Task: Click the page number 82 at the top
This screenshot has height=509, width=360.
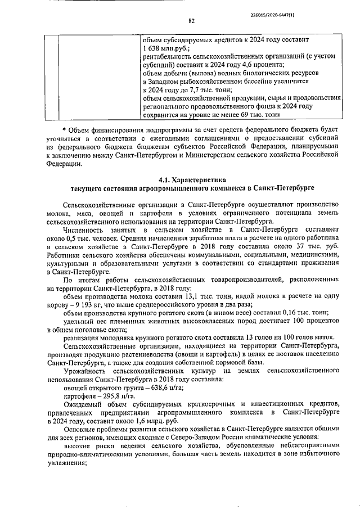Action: point(191,22)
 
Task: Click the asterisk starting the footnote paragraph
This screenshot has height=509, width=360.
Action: point(64,130)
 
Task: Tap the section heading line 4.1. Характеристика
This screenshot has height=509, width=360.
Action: point(192,181)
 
